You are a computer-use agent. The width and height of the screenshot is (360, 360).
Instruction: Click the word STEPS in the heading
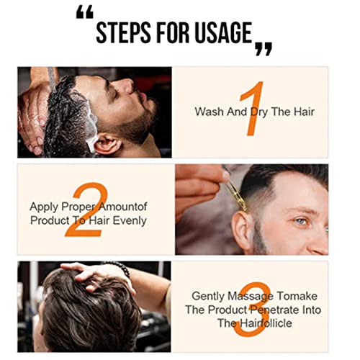123,32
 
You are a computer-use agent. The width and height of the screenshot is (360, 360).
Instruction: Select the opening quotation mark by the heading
84,12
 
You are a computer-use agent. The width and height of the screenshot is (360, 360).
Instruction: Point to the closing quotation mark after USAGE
264,49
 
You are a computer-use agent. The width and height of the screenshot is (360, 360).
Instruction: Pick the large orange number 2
88,210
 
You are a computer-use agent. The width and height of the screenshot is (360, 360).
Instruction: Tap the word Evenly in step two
130,221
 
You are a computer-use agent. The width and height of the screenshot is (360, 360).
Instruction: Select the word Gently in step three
208,297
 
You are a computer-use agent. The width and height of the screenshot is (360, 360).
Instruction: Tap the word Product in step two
50,220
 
